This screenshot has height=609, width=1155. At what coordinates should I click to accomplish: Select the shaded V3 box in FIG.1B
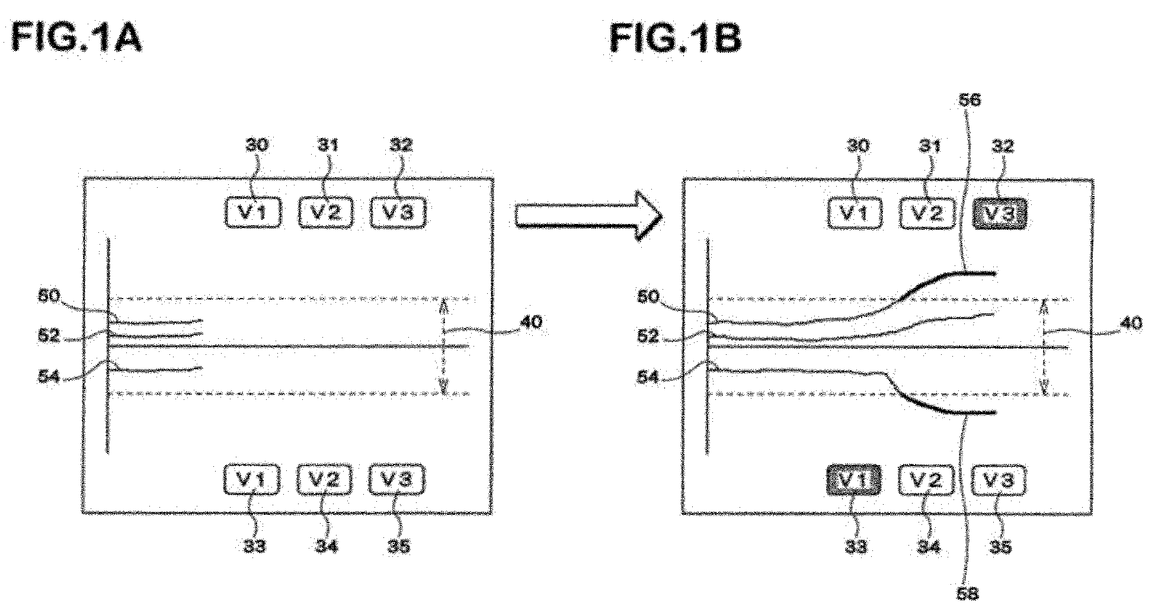click(x=1000, y=214)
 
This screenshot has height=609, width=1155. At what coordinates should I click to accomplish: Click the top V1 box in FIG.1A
click(x=253, y=212)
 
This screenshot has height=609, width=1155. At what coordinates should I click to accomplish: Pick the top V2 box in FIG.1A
click(x=325, y=212)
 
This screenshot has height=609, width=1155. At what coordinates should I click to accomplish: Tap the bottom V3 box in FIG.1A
click(x=397, y=480)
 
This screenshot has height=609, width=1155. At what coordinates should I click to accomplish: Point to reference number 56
click(x=969, y=100)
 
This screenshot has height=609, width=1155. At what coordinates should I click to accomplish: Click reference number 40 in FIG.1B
click(x=1130, y=323)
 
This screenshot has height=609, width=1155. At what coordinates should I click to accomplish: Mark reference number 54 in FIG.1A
click(x=49, y=376)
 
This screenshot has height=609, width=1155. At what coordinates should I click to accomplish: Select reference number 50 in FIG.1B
click(x=648, y=296)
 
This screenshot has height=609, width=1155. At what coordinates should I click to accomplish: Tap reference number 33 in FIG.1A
click(x=254, y=546)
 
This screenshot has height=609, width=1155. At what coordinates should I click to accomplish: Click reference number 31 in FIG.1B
click(x=929, y=146)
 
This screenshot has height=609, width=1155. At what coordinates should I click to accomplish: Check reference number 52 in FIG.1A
click(x=49, y=335)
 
